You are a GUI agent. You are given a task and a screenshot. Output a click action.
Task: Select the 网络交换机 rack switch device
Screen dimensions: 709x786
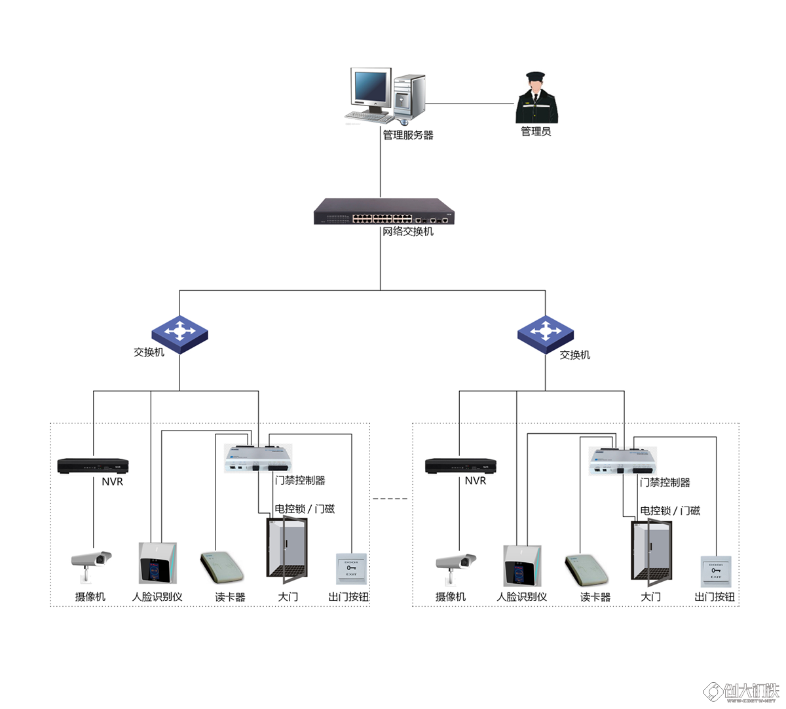(384, 211)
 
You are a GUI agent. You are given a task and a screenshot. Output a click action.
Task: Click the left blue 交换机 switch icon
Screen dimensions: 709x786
(179, 334)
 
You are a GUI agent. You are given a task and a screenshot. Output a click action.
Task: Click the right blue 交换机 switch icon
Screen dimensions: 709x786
(545, 334)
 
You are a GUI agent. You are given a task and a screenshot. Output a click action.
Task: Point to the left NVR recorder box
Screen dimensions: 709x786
(93, 465)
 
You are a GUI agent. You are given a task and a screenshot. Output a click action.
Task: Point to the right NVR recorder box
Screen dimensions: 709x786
(460, 465)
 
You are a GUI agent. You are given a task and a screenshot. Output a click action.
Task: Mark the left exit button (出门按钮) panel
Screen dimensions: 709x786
(352, 569)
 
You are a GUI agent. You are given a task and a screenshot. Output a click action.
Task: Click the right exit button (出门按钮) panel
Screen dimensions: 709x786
(716, 571)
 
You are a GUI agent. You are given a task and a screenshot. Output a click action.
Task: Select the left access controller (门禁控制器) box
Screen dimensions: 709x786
(258, 457)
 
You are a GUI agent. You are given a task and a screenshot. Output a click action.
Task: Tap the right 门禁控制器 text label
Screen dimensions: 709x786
(665, 482)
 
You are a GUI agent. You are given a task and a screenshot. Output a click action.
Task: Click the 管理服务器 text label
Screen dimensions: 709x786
(408, 135)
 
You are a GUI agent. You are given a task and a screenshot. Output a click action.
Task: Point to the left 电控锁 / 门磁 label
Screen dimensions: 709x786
(305, 508)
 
